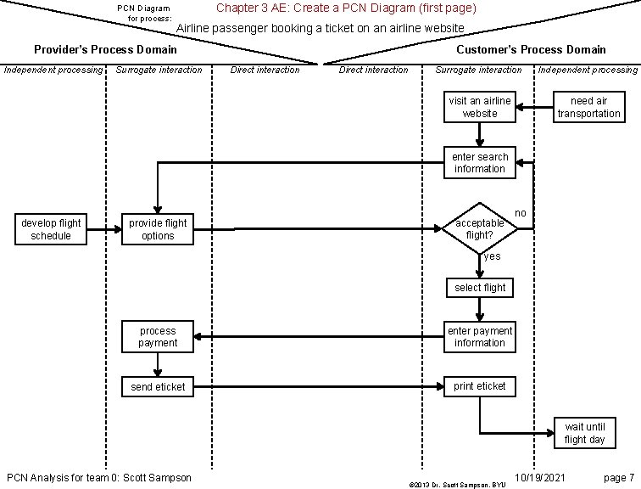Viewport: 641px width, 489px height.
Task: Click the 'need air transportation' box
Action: [588, 107]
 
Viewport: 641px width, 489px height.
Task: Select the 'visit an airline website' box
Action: [480, 107]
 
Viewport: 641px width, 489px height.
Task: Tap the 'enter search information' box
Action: [480, 163]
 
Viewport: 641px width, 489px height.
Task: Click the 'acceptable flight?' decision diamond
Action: [480, 228]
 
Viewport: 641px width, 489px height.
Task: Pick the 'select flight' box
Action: [480, 288]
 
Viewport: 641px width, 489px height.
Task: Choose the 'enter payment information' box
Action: [480, 337]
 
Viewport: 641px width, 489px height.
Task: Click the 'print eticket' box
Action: [480, 386]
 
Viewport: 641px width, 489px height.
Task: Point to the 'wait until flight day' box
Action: [585, 433]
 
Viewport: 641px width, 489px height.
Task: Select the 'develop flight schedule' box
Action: [51, 229]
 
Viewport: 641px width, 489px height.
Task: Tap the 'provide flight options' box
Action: [158, 229]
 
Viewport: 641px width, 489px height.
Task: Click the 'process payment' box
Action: [158, 337]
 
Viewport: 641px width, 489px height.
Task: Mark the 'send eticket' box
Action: [158, 387]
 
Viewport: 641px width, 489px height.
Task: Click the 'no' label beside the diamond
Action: [521, 212]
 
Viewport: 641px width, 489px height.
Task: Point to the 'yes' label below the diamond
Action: [492, 256]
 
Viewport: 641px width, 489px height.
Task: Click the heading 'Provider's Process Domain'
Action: [105, 49]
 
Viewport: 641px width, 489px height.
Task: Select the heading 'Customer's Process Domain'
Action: [531, 49]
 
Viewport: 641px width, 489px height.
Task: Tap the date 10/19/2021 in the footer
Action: [540, 477]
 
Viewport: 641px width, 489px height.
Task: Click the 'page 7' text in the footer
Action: [618, 477]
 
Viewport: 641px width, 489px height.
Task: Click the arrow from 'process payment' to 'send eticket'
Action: [158, 364]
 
